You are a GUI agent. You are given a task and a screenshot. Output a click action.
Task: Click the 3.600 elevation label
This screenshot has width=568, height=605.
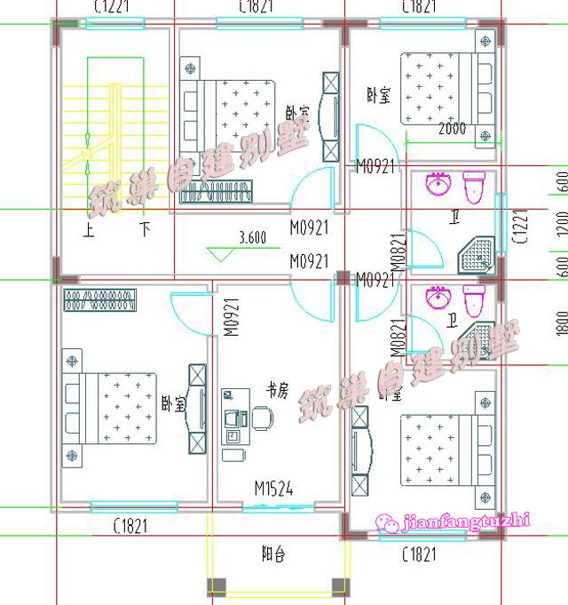coord(253,237)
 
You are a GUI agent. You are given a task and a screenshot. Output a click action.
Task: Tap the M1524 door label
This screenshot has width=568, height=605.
coord(273,489)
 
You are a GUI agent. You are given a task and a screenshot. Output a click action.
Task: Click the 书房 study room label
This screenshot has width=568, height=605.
coord(278,388)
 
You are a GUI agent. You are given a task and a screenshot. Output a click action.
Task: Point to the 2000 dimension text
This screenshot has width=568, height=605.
coord(451,129)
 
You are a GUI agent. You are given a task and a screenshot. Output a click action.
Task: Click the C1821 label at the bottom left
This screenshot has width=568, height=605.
coord(130,527)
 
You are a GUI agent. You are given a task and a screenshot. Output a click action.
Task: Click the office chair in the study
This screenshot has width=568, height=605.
coord(262,417)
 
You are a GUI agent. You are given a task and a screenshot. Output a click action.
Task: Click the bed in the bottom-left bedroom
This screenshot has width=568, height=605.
coord(115,409)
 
